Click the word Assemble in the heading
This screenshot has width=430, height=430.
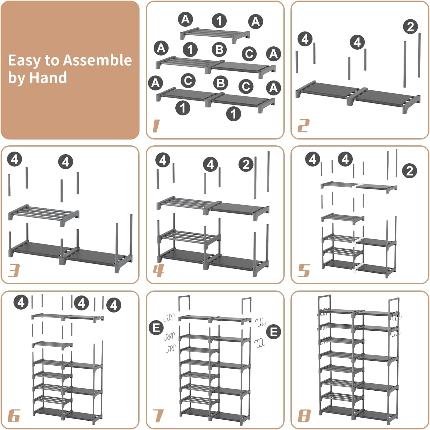97,60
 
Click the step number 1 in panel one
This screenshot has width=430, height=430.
156,126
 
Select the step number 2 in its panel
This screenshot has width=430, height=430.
303,126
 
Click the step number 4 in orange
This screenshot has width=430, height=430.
158,271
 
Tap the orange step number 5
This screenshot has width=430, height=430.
304,271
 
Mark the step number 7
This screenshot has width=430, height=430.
158,416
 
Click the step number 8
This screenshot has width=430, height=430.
304,416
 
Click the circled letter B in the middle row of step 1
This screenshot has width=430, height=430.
219,50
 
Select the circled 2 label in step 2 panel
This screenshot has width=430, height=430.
410,27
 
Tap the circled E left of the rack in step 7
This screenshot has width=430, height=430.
156,328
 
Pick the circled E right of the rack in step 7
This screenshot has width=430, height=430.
273,332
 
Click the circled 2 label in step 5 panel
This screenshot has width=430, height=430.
409,171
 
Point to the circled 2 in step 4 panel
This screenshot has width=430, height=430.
246,164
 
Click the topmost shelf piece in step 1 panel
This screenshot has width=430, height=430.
214,33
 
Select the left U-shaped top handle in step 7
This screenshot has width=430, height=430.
184,303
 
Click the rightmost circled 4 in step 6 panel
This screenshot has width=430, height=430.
114,305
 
